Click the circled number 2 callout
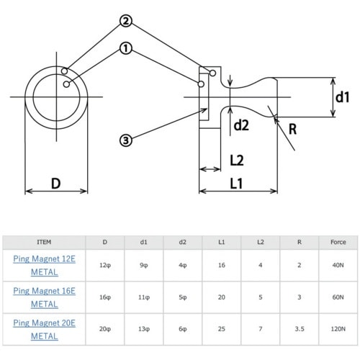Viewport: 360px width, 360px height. pyautogui.click(x=126, y=21)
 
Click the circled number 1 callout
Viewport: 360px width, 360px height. pyautogui.click(x=125, y=48)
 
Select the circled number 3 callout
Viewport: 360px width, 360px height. pyautogui.click(x=126, y=140)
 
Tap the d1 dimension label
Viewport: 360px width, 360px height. pyautogui.click(x=342, y=97)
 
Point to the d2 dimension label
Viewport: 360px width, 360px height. pyautogui.click(x=241, y=125)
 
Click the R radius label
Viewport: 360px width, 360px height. pyautogui.click(x=292, y=129)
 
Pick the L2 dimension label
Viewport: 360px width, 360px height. pyautogui.click(x=237, y=161)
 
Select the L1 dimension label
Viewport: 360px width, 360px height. pyautogui.click(x=236, y=184)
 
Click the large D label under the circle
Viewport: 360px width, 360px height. pyautogui.click(x=56, y=184)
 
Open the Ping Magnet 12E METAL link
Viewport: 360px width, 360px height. pyautogui.click(x=45, y=266)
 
